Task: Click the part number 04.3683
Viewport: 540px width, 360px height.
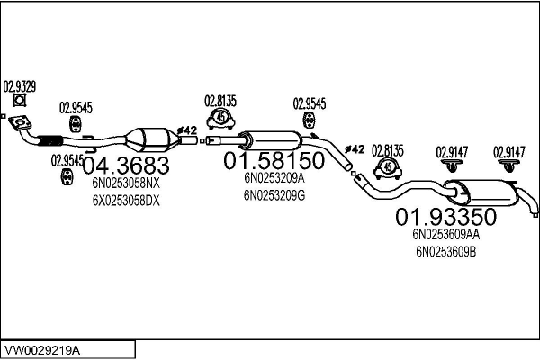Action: pyautogui.click(x=126, y=166)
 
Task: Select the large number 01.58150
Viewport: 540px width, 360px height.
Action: pyautogui.click(x=274, y=160)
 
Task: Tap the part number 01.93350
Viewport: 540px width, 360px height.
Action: pyautogui.click(x=445, y=217)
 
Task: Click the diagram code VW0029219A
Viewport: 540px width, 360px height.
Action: pyautogui.click(x=42, y=351)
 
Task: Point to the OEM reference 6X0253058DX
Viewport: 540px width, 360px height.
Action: pyautogui.click(x=126, y=201)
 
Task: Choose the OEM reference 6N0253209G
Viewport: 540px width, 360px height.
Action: pyautogui.click(x=274, y=195)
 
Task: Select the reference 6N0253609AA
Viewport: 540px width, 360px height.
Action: pyautogui.click(x=446, y=235)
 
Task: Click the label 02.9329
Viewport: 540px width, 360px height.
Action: pyautogui.click(x=20, y=86)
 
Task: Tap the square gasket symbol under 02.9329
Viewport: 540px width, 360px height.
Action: pyautogui.click(x=20, y=100)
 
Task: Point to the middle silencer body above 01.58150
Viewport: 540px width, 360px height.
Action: pyautogui.click(x=272, y=140)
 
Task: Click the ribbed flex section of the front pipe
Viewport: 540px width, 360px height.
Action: pyautogui.click(x=50, y=141)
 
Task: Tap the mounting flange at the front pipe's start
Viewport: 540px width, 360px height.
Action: pyautogui.click(x=20, y=123)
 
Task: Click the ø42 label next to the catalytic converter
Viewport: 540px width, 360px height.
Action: pyautogui.click(x=187, y=130)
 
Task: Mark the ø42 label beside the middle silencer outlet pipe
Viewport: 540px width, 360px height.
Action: pyautogui.click(x=355, y=149)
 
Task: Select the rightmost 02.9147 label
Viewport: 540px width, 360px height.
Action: pyautogui.click(x=509, y=152)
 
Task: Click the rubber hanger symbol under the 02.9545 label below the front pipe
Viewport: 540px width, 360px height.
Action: pyautogui.click(x=67, y=176)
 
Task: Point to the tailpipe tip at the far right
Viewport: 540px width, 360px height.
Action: pyautogui.click(x=535, y=214)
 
